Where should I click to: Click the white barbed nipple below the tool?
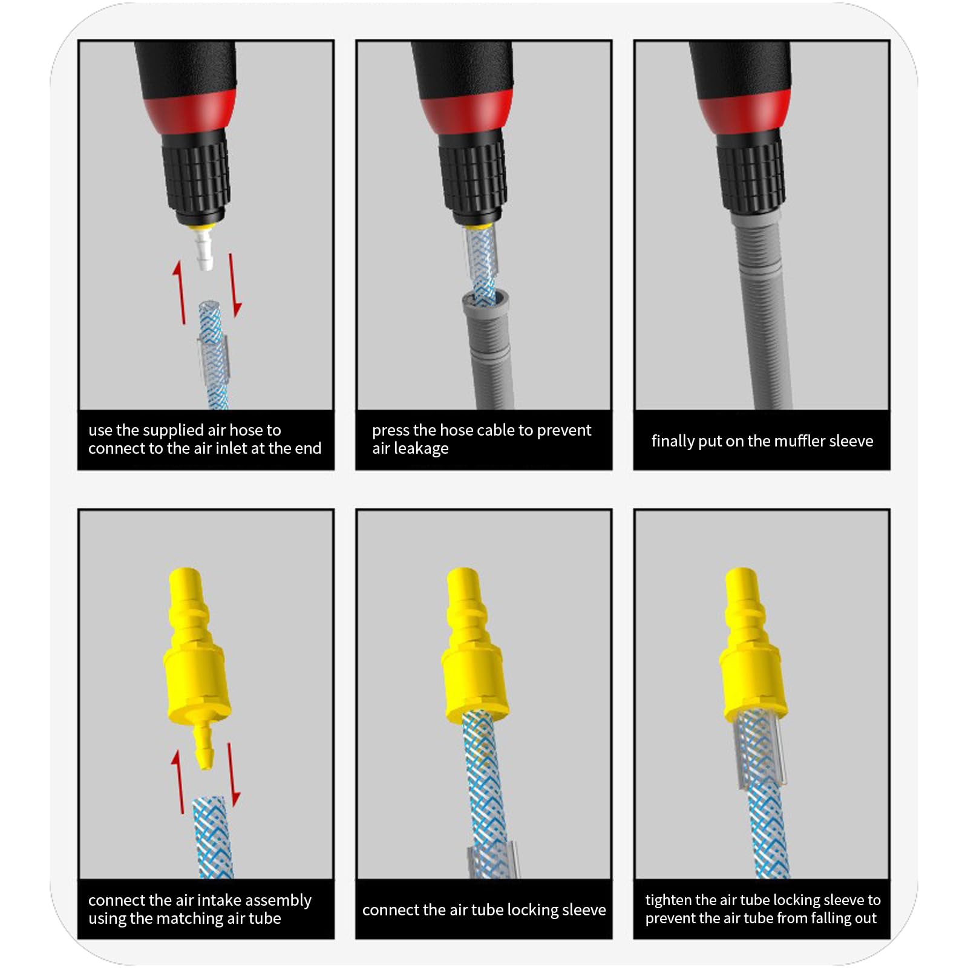pyautogui.click(x=204, y=250)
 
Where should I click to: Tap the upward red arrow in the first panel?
pyautogui.click(x=179, y=292)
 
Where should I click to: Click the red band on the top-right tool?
pyautogui.click(x=745, y=111)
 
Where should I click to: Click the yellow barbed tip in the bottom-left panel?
pyautogui.click(x=205, y=746)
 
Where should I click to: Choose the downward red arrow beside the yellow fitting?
pyautogui.click(x=233, y=774)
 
